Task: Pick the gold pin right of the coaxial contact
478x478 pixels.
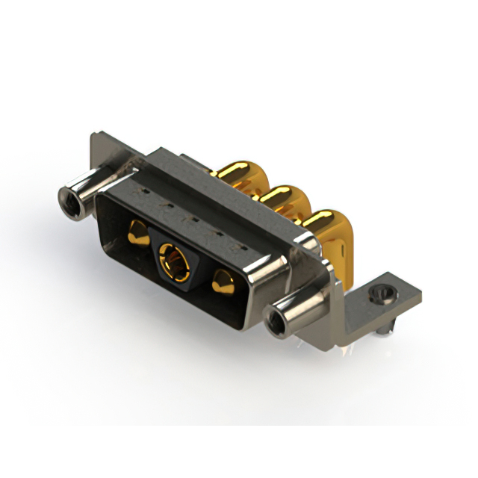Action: tap(222, 284)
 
